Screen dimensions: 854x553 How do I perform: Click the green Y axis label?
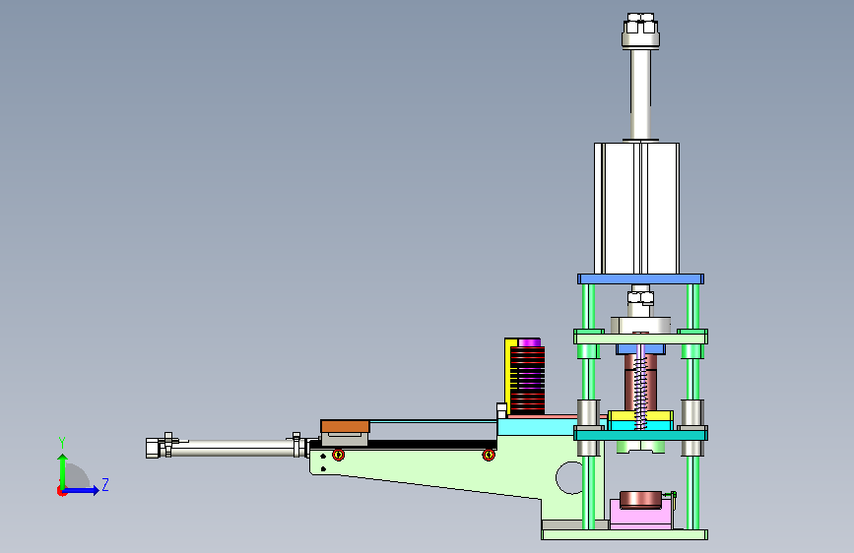(62, 442)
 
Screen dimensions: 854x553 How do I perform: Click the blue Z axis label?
(105, 484)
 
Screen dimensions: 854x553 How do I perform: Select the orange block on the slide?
(346, 426)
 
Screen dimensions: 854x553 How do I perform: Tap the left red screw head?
(338, 455)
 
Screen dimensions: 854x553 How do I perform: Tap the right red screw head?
(489, 455)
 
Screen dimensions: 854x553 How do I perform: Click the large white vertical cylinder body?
(636, 209)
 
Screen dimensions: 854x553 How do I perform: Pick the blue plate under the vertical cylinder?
(640, 279)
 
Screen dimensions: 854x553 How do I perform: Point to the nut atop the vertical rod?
(640, 31)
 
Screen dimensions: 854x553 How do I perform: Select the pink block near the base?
(640, 515)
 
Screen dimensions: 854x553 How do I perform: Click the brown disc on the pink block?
(640, 500)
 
